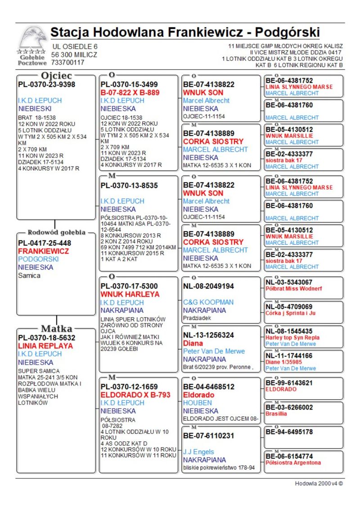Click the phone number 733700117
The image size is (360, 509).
pos(68,63)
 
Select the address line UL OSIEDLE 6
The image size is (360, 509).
pos(74,46)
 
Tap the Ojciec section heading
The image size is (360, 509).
pos(56,75)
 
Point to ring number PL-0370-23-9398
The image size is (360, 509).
pos(46,84)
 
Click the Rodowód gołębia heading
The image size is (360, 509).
pos(56,233)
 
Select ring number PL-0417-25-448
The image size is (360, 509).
pos(45,243)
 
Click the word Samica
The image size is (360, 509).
pos(29,275)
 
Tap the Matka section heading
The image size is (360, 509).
pos(57,328)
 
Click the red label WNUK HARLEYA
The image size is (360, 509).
pos(130,294)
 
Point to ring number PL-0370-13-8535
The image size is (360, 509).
pos(129,185)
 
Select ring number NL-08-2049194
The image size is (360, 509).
pos(208,286)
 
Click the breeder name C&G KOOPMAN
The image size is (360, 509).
pos(208,302)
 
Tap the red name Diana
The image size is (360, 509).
pos(193,343)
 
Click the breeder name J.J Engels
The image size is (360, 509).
pos(198,451)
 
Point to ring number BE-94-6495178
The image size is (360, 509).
pos(289,432)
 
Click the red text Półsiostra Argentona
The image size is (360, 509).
pos(293,463)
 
